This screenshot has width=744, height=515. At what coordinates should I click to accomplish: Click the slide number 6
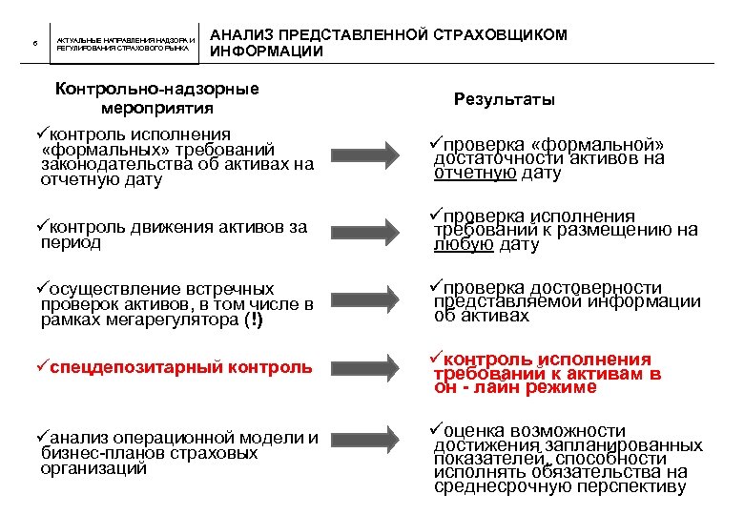[x=33, y=43]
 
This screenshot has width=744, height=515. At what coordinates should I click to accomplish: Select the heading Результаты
[x=505, y=99]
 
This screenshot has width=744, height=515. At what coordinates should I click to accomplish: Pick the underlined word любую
[x=464, y=245]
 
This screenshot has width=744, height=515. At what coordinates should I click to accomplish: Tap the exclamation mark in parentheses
[x=252, y=320]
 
